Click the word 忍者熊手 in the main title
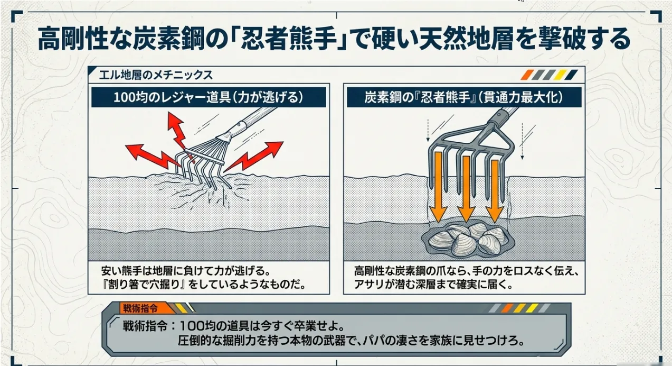[289, 39]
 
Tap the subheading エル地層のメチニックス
[156, 75]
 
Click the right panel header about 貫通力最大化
[464, 97]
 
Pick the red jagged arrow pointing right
[253, 156]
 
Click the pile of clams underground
[467, 239]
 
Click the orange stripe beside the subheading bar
[527, 75]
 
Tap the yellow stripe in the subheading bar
[560, 75]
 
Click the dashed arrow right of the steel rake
[522, 141]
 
